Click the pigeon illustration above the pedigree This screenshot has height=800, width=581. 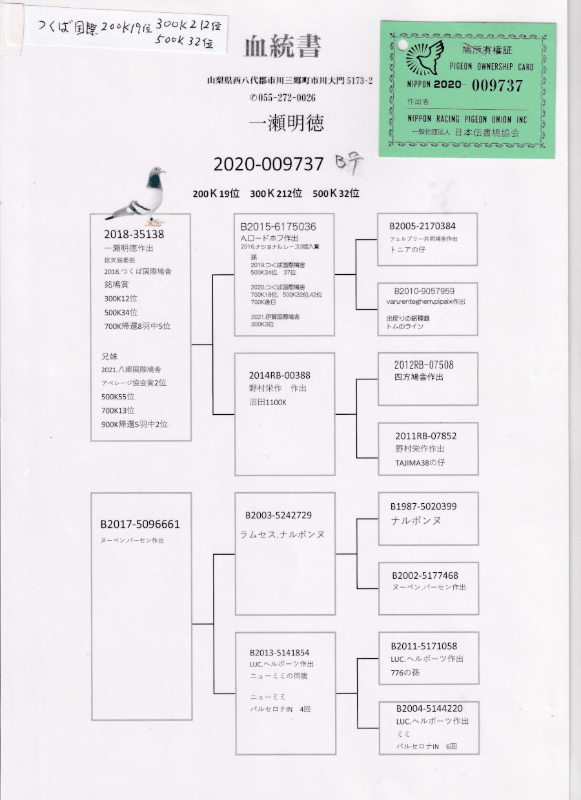pyautogui.click(x=139, y=196)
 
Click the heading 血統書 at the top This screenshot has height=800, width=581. pyautogui.click(x=282, y=46)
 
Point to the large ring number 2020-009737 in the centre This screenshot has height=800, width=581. pyautogui.click(x=268, y=165)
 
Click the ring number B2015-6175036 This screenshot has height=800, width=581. pyautogui.click(x=278, y=227)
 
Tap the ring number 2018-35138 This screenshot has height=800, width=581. pyautogui.click(x=134, y=234)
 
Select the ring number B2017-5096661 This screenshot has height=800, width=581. pyautogui.click(x=139, y=525)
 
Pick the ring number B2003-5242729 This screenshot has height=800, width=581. pyautogui.click(x=278, y=515)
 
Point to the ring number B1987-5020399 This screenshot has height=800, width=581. pyautogui.click(x=423, y=506)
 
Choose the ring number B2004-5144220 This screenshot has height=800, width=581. pyautogui.click(x=429, y=708)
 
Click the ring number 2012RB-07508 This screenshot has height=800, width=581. pyautogui.click(x=423, y=365)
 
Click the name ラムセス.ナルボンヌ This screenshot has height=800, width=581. pyautogui.click(x=281, y=535)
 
